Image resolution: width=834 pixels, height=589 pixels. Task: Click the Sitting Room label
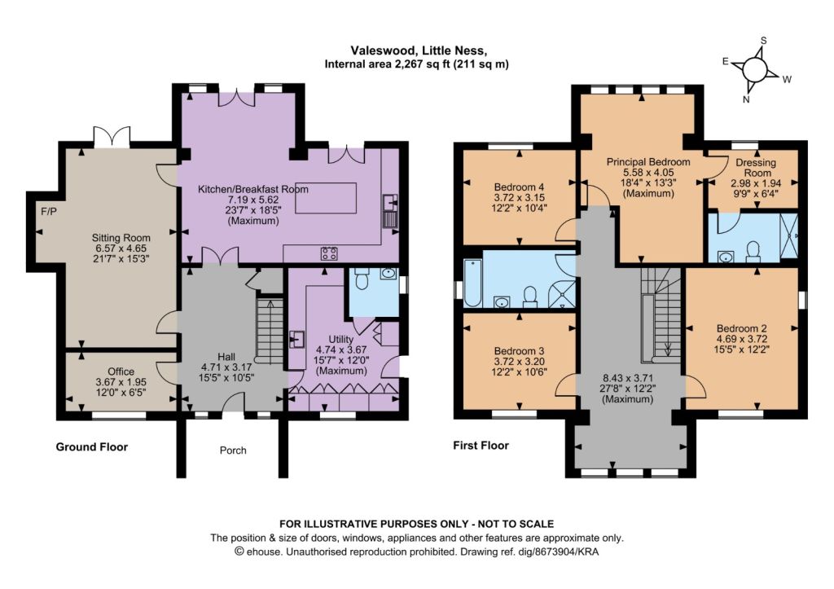[121, 238]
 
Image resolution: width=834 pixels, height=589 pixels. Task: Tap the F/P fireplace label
[48, 211]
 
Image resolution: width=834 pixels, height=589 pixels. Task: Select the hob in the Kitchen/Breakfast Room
[329, 253]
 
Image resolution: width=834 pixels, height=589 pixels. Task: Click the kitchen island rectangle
[326, 198]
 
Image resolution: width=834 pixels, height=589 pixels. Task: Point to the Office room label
[121, 371]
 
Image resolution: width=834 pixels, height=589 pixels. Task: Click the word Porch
[233, 451]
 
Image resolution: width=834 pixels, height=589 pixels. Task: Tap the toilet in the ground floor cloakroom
[362, 279]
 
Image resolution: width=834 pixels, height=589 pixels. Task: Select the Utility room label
[341, 340]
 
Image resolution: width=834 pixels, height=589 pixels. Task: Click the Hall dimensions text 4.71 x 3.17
[226, 367]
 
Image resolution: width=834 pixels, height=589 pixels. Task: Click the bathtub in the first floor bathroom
[472, 283]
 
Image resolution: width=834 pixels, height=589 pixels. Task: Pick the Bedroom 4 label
[519, 187]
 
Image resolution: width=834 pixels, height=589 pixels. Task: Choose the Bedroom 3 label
[519, 351]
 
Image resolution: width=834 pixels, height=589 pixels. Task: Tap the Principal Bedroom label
[648, 162]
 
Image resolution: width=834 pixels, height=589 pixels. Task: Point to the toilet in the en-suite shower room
[753, 252]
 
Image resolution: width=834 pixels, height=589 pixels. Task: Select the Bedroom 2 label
[741, 329]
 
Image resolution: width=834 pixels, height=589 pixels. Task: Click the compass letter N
[746, 99]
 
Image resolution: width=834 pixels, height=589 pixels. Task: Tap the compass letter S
[764, 41]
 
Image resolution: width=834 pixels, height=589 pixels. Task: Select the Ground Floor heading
[92, 447]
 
